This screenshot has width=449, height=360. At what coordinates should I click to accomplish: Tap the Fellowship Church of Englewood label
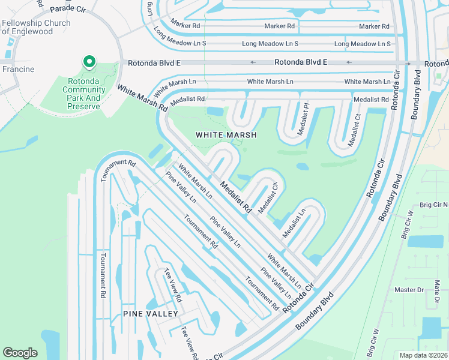(36, 28)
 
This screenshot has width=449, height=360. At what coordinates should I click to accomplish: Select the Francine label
(17, 69)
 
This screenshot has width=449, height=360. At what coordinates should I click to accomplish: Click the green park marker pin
(89, 62)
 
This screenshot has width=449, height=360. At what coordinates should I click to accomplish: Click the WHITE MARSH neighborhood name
(226, 135)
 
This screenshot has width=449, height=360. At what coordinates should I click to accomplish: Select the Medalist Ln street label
(294, 221)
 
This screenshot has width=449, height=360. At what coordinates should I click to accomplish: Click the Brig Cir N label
(433, 205)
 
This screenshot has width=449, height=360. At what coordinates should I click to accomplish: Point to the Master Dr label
(409, 290)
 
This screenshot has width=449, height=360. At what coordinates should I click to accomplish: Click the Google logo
(20, 353)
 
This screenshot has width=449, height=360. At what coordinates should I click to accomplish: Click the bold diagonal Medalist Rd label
(235, 197)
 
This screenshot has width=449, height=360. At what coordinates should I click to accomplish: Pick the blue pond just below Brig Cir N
(425, 241)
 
